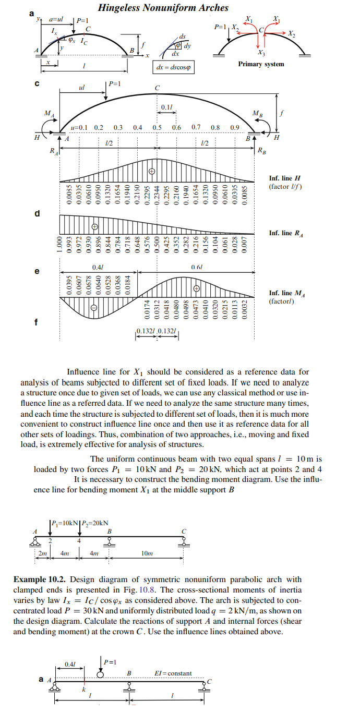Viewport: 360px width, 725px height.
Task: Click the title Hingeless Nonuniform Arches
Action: point(163,7)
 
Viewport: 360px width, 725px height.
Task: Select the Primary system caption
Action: point(261,64)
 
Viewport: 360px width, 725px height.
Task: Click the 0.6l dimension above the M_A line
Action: point(197,267)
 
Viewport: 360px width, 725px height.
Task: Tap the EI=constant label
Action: point(173,673)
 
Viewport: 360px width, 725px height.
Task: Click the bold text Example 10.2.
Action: point(40,579)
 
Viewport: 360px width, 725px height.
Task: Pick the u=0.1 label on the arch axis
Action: point(80,127)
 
